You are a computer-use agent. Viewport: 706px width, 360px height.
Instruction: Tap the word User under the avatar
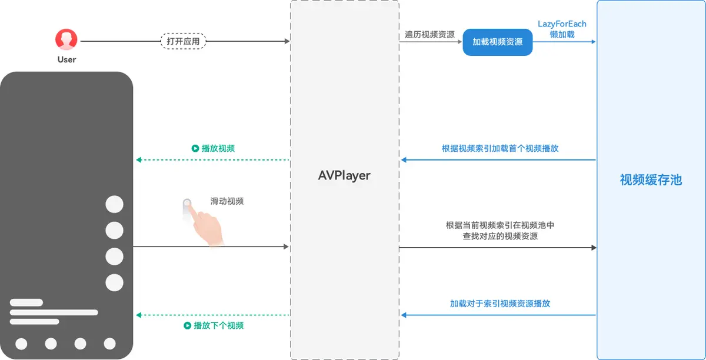(x=66, y=59)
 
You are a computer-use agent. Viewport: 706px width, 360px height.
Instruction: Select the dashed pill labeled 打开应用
(x=184, y=41)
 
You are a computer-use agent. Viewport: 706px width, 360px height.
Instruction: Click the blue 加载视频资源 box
(x=497, y=42)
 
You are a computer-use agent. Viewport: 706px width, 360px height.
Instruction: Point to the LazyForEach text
(x=562, y=24)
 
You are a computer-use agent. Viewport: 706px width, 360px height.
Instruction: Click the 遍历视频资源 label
(x=429, y=35)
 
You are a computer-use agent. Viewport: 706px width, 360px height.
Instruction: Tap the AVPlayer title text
(x=344, y=176)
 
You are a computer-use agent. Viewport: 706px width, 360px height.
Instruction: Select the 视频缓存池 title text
(x=651, y=180)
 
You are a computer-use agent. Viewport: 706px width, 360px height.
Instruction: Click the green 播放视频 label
(x=218, y=148)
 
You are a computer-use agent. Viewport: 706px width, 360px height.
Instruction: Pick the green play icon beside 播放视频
(x=195, y=148)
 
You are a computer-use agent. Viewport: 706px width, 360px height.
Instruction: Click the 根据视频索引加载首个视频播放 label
(x=500, y=148)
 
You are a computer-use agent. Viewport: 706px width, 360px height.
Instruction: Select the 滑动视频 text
(x=227, y=201)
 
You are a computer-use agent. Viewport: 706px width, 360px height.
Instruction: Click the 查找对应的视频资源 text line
(x=500, y=236)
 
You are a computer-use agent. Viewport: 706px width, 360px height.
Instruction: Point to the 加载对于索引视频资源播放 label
(x=500, y=304)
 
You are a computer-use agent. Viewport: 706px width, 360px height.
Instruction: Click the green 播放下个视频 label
(x=218, y=325)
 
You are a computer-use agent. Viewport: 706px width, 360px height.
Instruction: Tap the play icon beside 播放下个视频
(x=188, y=325)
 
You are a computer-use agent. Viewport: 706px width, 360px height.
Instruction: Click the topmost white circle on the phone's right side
(x=114, y=205)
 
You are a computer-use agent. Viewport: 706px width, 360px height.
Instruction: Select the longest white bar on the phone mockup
(x=54, y=312)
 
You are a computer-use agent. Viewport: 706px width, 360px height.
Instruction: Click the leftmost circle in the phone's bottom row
(x=22, y=344)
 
